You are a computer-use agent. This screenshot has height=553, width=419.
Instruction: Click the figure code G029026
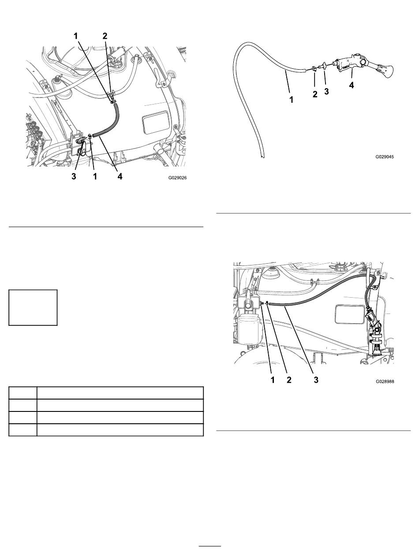177,178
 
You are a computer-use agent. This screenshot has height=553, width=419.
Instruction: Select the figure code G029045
385,157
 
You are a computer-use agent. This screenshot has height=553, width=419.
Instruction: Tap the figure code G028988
385,381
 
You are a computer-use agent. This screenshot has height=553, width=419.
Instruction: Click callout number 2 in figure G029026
105,36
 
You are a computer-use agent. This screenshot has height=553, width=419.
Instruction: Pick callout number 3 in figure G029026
74,176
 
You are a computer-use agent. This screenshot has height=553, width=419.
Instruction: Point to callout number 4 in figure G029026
120,176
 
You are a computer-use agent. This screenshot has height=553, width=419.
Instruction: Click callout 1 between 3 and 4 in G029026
95,176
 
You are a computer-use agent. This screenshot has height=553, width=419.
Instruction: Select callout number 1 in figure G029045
291,100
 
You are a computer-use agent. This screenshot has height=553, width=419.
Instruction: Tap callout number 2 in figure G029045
315,94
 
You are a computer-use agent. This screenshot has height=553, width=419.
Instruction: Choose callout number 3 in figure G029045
326,91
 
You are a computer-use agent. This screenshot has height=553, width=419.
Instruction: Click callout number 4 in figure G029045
352,85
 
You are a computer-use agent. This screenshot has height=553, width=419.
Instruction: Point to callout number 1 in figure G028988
273,380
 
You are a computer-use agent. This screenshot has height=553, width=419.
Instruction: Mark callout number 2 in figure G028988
289,380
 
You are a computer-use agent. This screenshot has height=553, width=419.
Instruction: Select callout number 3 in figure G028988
316,380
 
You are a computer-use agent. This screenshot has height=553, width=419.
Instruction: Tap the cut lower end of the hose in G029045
262,157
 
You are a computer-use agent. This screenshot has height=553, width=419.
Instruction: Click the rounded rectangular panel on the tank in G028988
350,314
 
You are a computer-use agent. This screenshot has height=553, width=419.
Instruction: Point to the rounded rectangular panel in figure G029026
155,123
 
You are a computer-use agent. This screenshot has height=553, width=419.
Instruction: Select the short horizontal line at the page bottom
210,546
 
